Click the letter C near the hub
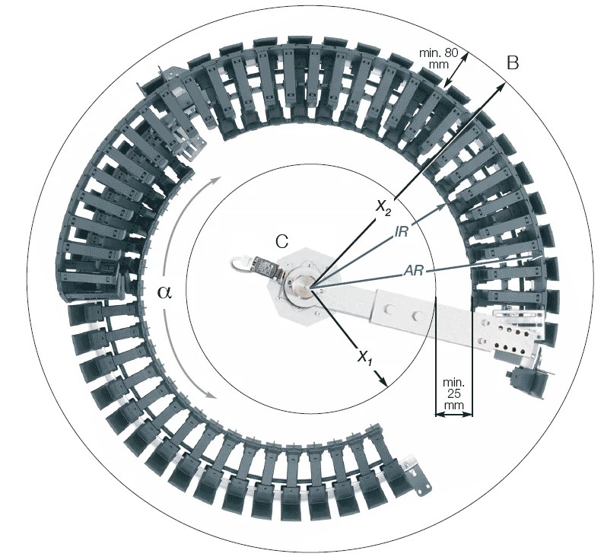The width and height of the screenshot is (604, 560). pyautogui.click(x=281, y=241)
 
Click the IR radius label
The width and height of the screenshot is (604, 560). pyautogui.click(x=402, y=232)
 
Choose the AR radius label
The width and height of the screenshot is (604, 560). pyautogui.click(x=415, y=270)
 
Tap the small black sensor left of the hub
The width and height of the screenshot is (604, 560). pyautogui.click(x=264, y=268)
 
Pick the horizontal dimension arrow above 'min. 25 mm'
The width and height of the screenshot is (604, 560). pyautogui.click(x=453, y=415)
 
